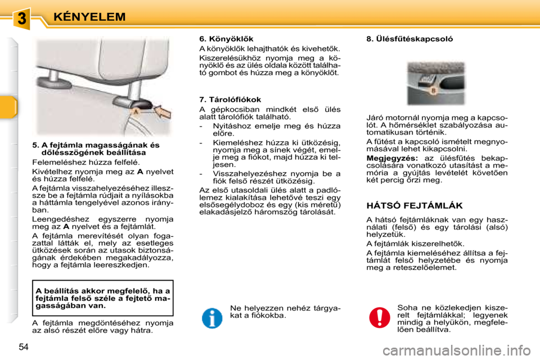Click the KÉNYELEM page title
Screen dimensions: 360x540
coord(89,17)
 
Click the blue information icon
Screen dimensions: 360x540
coord(212,318)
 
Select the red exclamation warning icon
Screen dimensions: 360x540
coord(380,318)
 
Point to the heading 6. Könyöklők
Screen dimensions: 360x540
coord(227,39)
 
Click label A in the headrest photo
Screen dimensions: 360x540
coord(135,112)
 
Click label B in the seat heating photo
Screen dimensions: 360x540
coord(433,90)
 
